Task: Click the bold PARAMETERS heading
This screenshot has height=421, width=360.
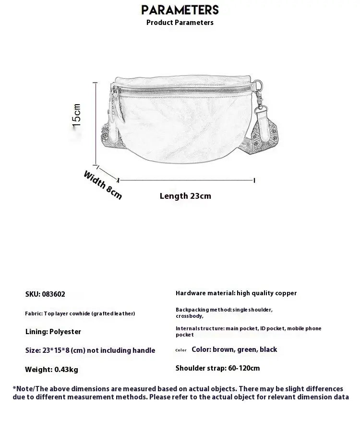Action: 180,10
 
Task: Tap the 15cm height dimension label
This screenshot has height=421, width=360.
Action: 77,115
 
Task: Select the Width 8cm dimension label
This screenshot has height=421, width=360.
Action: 103,185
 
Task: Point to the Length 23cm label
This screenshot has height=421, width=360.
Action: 185,196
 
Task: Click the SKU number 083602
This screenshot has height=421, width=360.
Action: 53,294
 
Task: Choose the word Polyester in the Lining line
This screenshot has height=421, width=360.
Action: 65,332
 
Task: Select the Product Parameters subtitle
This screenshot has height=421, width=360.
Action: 180,23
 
